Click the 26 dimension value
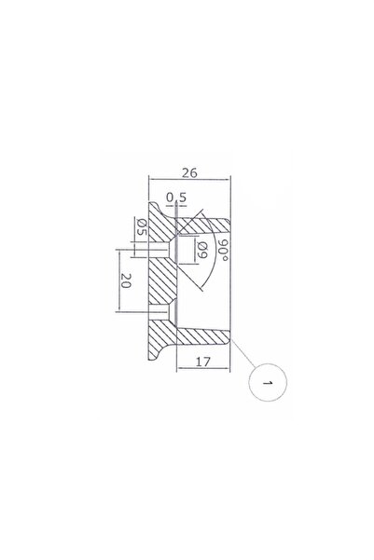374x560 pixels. click(x=189, y=173)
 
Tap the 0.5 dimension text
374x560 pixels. click(x=176, y=198)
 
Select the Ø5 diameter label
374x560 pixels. click(x=143, y=226)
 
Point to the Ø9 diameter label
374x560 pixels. click(x=202, y=250)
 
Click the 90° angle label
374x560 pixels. click(x=224, y=250)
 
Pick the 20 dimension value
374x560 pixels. click(x=126, y=280)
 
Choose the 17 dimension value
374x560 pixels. click(x=203, y=362)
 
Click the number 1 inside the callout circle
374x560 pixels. click(x=268, y=383)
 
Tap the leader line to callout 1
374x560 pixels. click(x=243, y=353)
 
